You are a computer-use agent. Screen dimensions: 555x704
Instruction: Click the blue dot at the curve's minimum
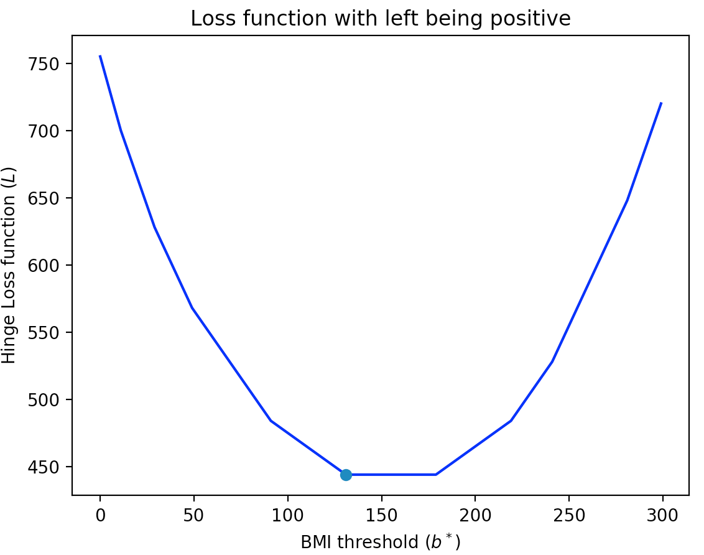(346, 475)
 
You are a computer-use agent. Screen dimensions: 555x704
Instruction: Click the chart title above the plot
(380, 19)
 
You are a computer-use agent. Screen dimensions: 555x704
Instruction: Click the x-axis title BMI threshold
(380, 543)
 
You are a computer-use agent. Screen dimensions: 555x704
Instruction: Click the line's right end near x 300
(661, 103)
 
